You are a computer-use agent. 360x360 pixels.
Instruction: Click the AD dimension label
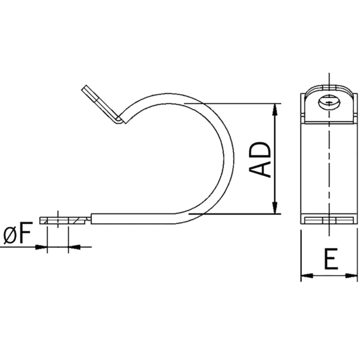pyautogui.click(x=260, y=160)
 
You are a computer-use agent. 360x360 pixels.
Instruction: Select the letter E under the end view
pyautogui.click(x=329, y=259)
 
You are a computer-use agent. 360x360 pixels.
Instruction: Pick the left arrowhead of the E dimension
pyautogui.click(x=304, y=276)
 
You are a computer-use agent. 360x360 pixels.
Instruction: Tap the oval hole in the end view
pyautogui.click(x=329, y=102)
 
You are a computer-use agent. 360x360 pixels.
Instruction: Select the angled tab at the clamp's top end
pyautogui.click(x=100, y=103)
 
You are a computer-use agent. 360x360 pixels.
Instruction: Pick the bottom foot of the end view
pyautogui.click(x=329, y=221)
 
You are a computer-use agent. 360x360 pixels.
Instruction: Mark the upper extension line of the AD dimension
pyautogui.click(x=240, y=104)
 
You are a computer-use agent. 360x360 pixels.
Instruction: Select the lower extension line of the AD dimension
pyautogui.click(x=240, y=214)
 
